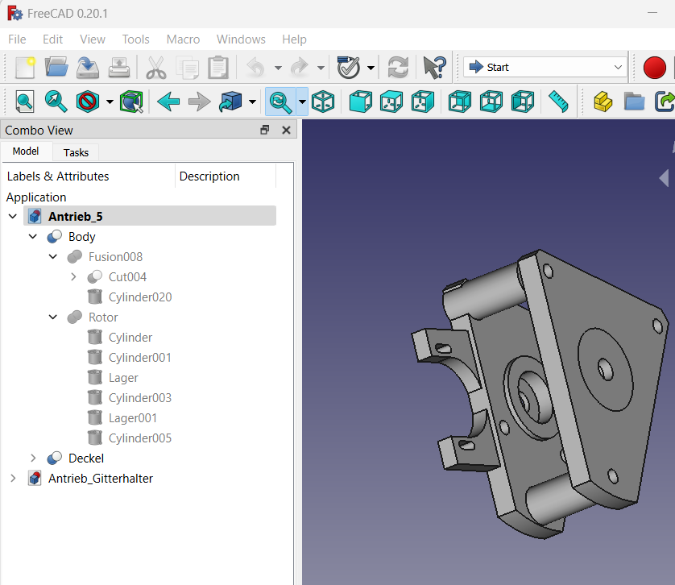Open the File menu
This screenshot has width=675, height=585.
click(17, 39)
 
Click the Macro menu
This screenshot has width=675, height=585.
click(183, 39)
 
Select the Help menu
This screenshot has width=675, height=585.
click(294, 39)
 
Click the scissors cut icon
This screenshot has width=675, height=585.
click(155, 68)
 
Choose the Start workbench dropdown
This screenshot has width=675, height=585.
click(545, 67)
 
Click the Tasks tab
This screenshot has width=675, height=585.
click(76, 152)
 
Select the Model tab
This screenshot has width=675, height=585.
click(26, 151)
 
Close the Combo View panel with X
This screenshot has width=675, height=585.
click(286, 130)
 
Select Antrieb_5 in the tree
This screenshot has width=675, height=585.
click(76, 216)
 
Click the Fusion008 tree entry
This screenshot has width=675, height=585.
click(115, 257)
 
